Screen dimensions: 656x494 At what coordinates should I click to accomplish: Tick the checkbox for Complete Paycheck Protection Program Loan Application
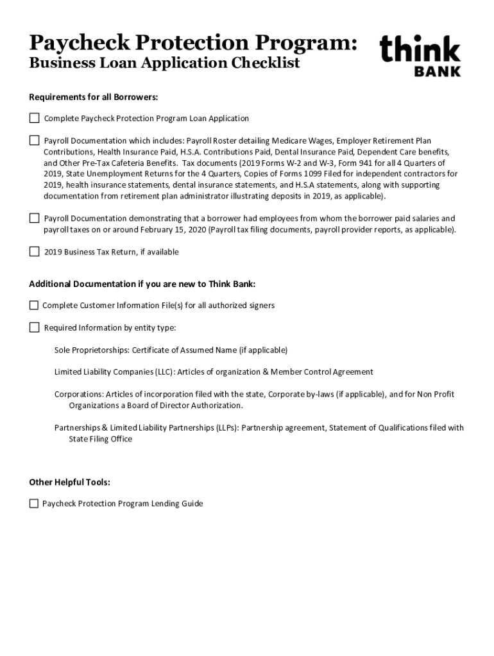click(34, 119)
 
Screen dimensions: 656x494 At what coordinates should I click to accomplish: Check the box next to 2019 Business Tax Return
click(34, 252)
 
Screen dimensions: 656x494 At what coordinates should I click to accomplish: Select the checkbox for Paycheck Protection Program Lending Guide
click(34, 504)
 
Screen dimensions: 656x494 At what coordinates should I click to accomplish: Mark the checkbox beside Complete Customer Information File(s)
click(34, 306)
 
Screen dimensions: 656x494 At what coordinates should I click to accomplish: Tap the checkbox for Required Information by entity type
click(34, 328)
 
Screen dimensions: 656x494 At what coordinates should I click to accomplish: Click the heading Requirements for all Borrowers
click(94, 97)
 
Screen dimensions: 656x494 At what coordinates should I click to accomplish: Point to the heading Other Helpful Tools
click(69, 482)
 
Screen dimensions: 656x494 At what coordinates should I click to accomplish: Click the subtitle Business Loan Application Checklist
click(164, 63)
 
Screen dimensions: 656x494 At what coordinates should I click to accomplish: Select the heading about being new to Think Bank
click(146, 284)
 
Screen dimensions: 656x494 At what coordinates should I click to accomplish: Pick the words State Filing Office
click(101, 439)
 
